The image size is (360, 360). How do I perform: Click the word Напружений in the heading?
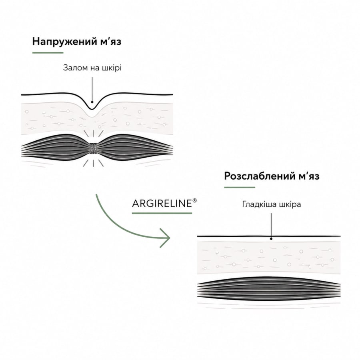[65, 42]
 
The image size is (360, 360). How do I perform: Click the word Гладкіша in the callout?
[258, 204]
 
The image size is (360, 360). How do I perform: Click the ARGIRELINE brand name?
[162, 204]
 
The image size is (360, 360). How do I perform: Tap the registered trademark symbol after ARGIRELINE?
[194, 201]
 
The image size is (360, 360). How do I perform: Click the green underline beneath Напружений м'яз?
[48, 53]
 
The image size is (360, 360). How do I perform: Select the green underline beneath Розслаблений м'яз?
[240, 187]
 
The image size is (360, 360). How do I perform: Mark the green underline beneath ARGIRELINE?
[162, 213]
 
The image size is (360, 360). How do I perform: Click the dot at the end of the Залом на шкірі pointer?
[92, 102]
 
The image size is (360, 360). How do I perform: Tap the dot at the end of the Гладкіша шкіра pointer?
[271, 239]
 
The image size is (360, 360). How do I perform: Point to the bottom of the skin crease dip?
[92, 109]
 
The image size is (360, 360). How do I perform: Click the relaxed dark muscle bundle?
[269, 289]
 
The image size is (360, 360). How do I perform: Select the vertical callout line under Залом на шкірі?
[92, 89]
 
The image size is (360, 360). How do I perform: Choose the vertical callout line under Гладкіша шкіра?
[271, 226]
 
